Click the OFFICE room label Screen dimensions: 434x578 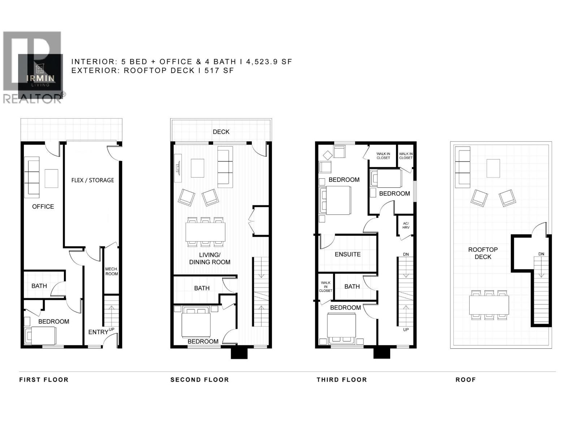[43, 207]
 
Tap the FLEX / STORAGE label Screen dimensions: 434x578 [92, 180]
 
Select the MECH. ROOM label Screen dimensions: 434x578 [112, 271]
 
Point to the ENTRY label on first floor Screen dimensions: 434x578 [98, 332]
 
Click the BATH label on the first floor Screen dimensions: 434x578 [39, 286]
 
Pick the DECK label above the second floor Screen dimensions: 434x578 [221, 132]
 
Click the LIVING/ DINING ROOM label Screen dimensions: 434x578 [210, 259]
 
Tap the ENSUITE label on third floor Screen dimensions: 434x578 [348, 254]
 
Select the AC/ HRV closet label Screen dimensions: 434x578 [406, 225]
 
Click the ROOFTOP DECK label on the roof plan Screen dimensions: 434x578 [483, 253]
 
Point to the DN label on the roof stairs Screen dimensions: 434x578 [541, 254]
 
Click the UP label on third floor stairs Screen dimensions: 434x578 [406, 329]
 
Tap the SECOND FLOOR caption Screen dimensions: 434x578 [199, 380]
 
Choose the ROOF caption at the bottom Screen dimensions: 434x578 [465, 380]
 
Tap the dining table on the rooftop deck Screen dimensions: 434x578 [489, 305]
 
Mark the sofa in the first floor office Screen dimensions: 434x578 [32, 177]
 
